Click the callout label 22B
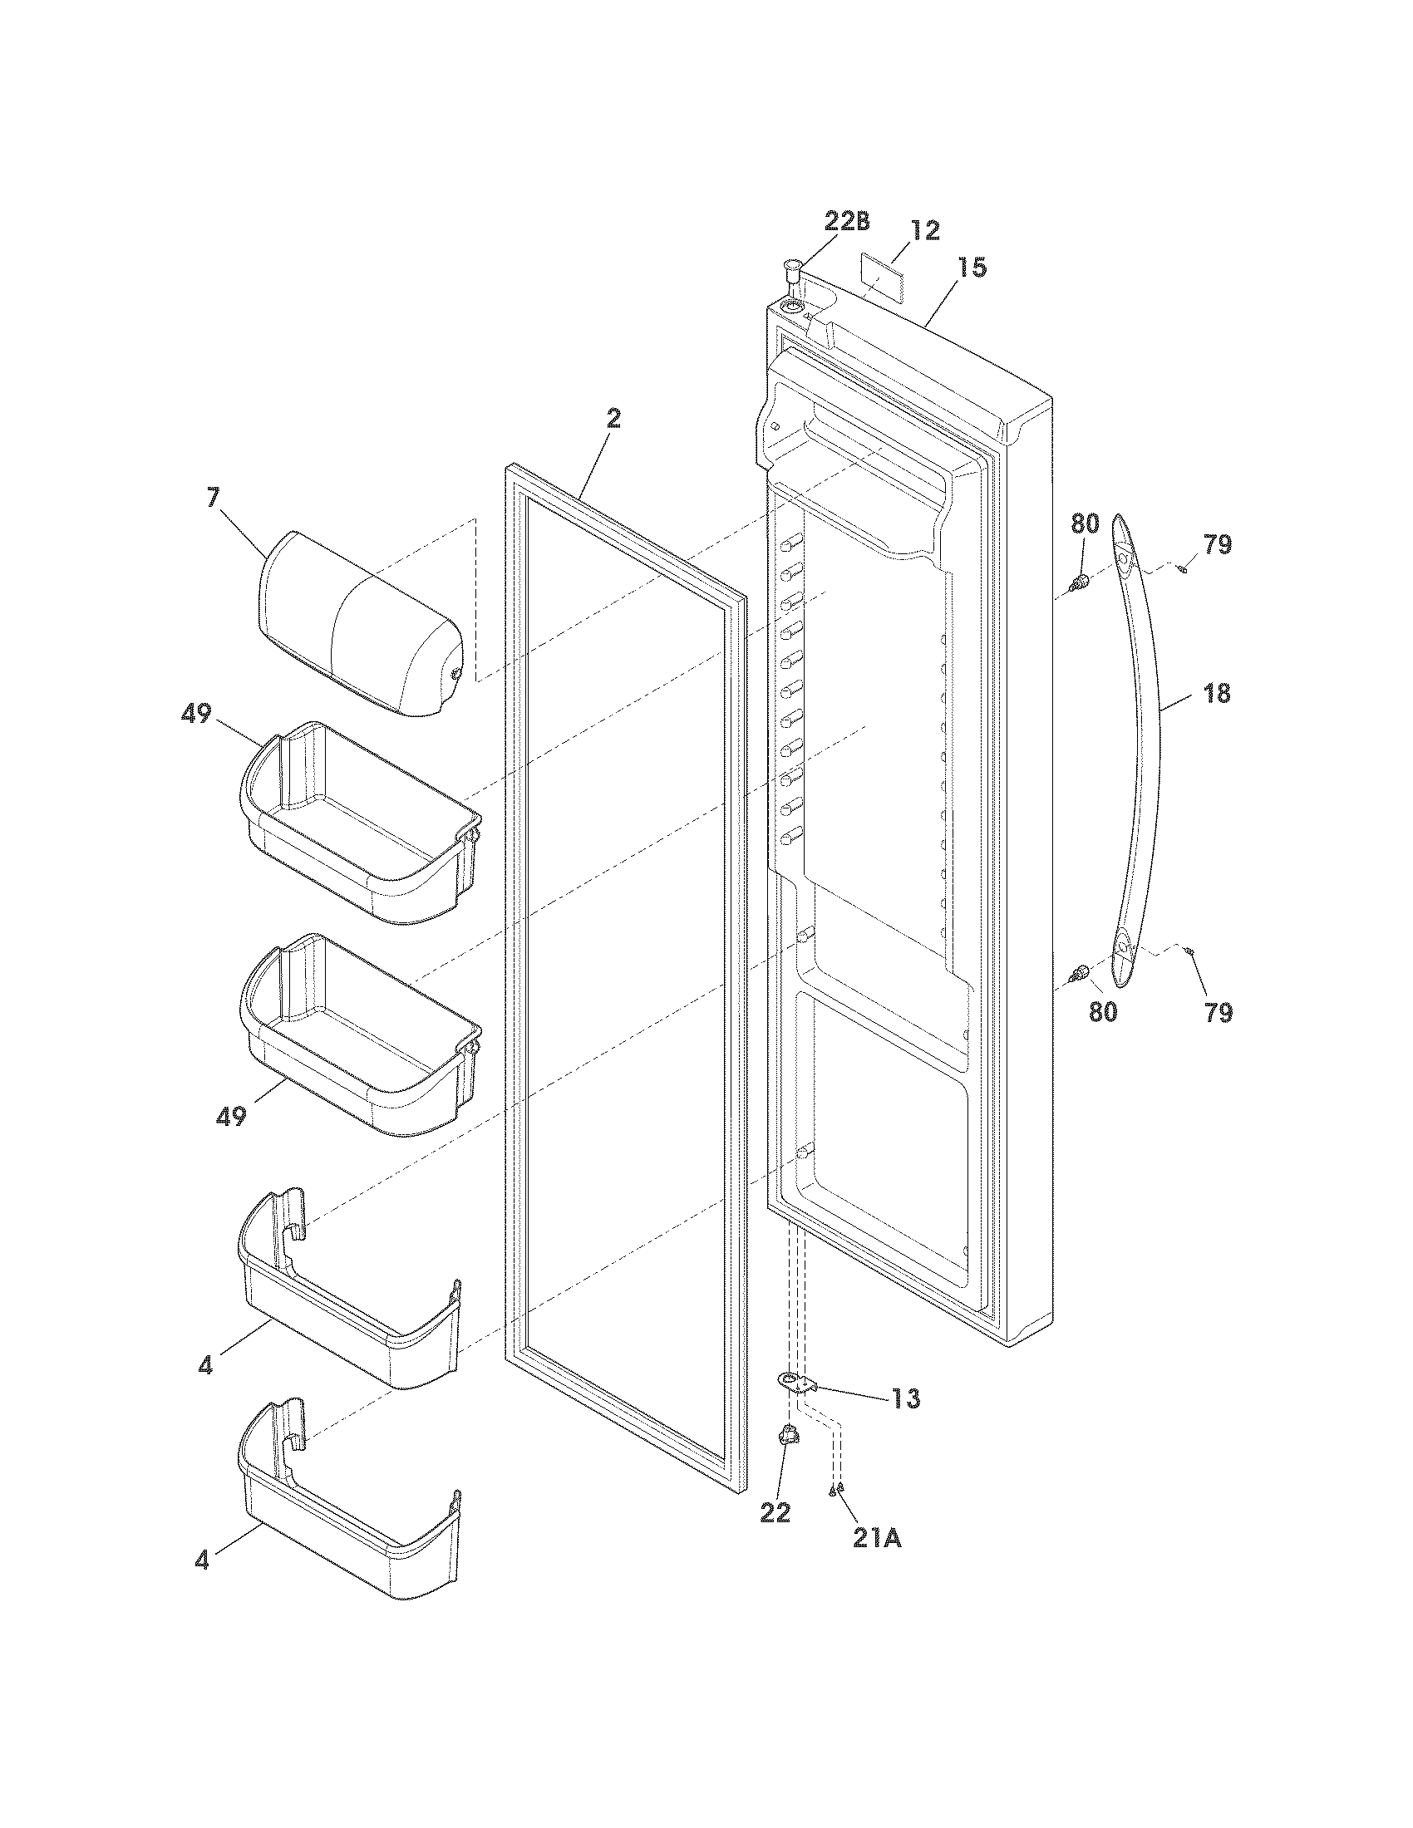846,221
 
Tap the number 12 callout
924,230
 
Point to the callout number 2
613,419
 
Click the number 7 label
213,497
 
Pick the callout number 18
1217,693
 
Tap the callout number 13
905,1398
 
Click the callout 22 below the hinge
775,1512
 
